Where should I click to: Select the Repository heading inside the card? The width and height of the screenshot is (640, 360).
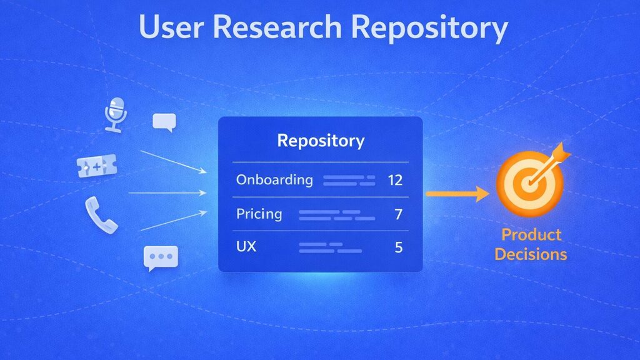click(321, 141)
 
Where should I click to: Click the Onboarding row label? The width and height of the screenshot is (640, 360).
click(274, 181)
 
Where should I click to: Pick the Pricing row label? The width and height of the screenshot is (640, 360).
click(259, 214)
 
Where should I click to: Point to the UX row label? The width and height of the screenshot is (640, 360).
click(246, 247)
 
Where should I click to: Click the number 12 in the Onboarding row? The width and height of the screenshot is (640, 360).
click(395, 181)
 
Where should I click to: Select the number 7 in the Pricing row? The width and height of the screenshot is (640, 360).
click(398, 215)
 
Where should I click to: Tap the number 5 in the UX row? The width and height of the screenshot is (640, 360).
click(398, 247)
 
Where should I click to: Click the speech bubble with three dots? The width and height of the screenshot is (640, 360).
click(161, 257)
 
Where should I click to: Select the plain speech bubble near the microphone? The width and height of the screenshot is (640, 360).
click(164, 122)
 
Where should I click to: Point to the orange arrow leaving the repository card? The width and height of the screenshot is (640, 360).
click(457, 194)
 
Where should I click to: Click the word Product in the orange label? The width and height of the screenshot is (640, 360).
click(531, 236)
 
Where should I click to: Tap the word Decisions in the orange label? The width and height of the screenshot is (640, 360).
click(531, 254)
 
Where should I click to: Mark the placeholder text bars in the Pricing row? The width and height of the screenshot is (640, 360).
click(337, 215)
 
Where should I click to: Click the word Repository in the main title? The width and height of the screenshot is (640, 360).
click(430, 29)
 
